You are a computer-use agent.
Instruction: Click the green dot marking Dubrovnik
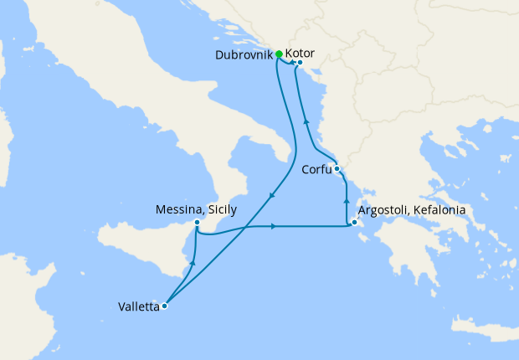coord(279,54)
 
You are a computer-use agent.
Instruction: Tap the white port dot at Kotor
coord(299,61)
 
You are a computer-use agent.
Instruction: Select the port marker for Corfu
coord(337,169)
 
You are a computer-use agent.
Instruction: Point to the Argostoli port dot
coord(355,223)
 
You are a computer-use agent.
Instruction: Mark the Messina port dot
coord(196,222)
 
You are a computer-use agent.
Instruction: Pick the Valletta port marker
coord(164,306)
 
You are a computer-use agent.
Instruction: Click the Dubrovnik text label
coord(244,54)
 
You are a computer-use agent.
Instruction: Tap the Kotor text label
coord(301,53)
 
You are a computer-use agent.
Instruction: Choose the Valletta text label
coord(139,306)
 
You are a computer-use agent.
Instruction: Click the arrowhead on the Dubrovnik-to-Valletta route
coord(271,196)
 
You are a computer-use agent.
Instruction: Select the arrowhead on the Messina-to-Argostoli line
coord(274,226)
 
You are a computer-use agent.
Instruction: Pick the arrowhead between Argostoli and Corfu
coord(346,203)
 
